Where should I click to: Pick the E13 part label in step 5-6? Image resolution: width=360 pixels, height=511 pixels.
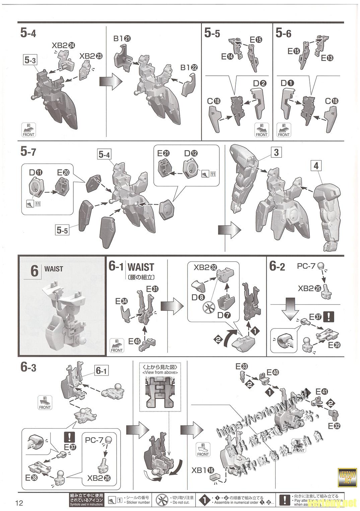(x=327, y=58)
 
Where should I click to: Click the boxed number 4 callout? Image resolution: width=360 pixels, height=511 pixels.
(x=316, y=166)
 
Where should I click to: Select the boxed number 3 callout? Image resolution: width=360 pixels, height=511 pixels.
(x=276, y=152)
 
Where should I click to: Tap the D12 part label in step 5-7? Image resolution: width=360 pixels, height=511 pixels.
(x=191, y=153)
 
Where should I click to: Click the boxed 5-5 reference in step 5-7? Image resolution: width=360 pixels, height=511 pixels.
(x=62, y=231)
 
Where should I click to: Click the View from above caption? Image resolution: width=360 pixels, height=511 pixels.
(x=160, y=372)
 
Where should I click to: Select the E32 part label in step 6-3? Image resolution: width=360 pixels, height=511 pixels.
(x=334, y=426)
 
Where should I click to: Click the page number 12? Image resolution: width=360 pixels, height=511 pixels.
(x=19, y=503)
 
